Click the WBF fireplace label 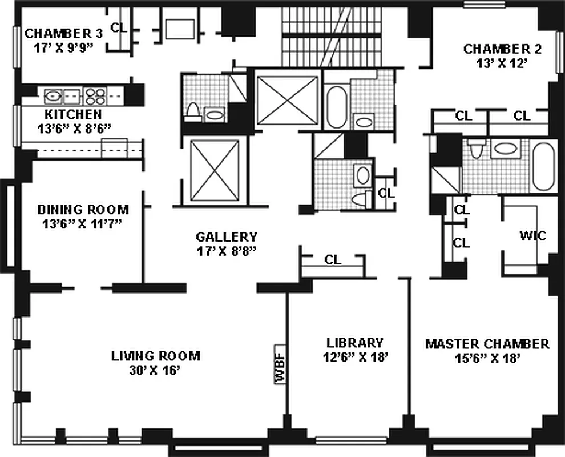click(x=280, y=364)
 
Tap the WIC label click(x=532, y=235)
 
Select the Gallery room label click(x=227, y=236)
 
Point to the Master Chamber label click(x=487, y=344)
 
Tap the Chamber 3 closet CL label click(x=119, y=27)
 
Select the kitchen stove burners click(x=95, y=95)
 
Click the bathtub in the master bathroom click(x=543, y=166)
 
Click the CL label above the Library click(x=333, y=260)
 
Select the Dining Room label click(x=83, y=209)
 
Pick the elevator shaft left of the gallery click(x=215, y=170)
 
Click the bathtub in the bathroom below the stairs click(x=336, y=107)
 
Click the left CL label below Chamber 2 click(x=463, y=115)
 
